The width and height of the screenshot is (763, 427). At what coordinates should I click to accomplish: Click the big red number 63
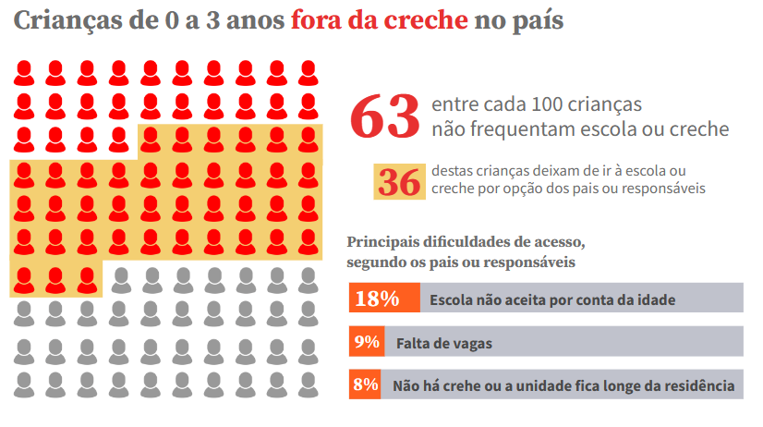(385, 117)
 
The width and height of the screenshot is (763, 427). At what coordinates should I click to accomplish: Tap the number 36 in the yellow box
(399, 182)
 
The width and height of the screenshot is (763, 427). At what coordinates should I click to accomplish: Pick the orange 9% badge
(367, 342)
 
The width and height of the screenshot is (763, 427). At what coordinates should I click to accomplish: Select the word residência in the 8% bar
(701, 386)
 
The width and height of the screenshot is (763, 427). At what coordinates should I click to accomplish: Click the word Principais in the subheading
(383, 242)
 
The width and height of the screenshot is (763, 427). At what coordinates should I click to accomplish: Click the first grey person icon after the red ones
(118, 279)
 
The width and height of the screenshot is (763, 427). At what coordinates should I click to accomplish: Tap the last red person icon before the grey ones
(87, 279)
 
